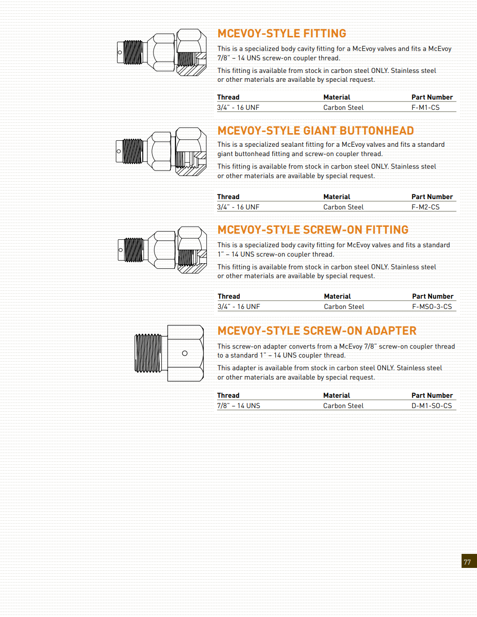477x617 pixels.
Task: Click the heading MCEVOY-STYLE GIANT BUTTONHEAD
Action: coord(316,131)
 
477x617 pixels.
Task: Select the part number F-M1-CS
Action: coord(426,108)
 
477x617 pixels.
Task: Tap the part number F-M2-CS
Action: coord(426,207)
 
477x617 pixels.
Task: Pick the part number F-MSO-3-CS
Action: coord(432,307)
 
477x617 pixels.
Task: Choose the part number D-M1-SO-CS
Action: coord(432,406)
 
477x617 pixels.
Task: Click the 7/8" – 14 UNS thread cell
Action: coord(239,406)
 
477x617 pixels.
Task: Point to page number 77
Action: coord(468,562)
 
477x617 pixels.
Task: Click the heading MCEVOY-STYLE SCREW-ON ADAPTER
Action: coord(317,331)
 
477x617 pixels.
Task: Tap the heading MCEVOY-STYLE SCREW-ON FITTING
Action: coord(313,230)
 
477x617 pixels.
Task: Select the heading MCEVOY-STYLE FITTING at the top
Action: coord(282,34)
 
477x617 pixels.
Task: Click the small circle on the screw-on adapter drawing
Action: coord(185,353)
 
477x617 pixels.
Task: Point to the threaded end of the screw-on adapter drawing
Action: coord(148,353)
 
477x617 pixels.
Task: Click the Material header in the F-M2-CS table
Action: coord(337,197)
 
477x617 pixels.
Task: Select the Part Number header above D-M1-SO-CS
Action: coord(432,395)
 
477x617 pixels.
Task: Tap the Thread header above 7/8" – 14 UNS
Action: coord(228,395)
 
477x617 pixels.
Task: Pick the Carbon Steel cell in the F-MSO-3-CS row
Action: coord(344,307)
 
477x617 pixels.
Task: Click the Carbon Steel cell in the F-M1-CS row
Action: coord(343,108)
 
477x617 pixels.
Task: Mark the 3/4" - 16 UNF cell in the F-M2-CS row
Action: coord(238,207)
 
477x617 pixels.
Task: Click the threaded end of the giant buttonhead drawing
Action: coord(133,151)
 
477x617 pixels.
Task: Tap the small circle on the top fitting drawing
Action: coord(120,52)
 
